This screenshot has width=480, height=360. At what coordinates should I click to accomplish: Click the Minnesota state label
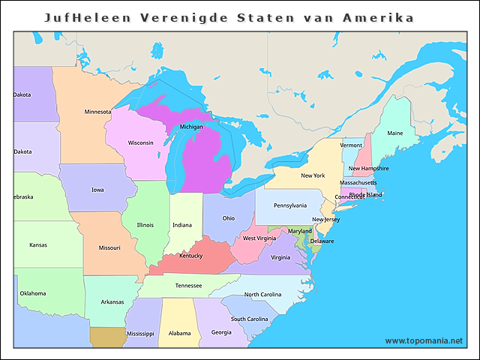(97, 112)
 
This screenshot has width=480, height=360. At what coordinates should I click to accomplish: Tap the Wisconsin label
(140, 142)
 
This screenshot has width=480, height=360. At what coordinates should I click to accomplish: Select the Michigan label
(191, 127)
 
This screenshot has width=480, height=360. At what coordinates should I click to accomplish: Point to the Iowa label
(97, 190)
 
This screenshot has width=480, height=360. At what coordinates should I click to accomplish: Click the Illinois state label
(145, 225)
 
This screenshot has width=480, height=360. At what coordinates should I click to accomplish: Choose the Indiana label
(182, 225)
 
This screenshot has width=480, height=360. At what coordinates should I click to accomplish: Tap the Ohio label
(228, 218)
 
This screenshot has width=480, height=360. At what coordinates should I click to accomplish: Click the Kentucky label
(190, 256)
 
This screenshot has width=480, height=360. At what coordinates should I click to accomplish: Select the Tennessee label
(188, 286)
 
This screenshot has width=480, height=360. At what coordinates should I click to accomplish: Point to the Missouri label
(109, 247)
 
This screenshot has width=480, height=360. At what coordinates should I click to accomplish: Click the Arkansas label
(112, 302)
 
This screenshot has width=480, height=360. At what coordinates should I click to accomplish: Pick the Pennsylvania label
(289, 205)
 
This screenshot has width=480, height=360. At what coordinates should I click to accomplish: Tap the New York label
(313, 175)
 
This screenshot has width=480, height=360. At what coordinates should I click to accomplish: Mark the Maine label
(394, 133)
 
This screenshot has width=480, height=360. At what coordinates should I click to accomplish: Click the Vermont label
(351, 145)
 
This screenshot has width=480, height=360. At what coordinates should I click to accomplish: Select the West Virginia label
(259, 238)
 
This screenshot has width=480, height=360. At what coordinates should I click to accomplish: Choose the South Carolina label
(250, 319)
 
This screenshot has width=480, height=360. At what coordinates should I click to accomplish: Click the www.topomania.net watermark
(424, 340)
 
